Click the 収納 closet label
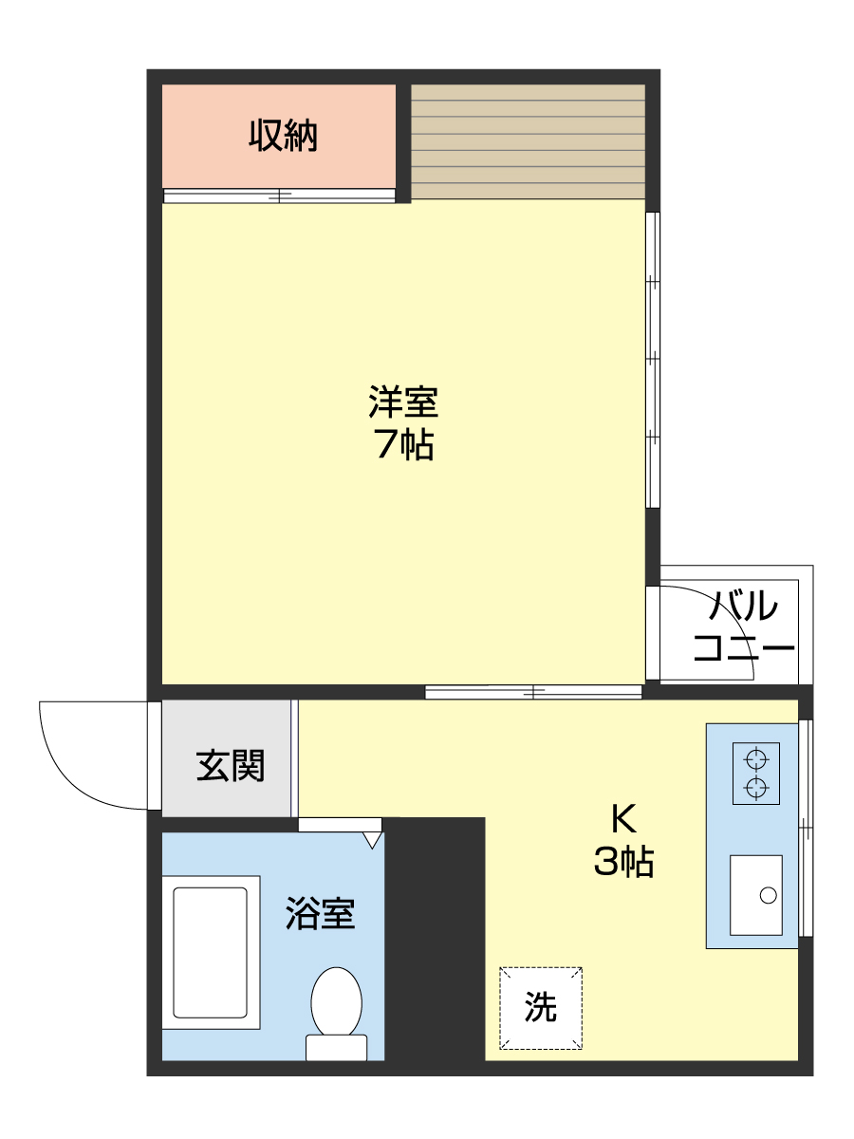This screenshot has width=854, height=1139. (x=283, y=137)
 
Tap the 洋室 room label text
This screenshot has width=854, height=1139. (x=403, y=402)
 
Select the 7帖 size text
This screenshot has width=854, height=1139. (x=403, y=444)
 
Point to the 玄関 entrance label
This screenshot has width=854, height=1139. (x=230, y=765)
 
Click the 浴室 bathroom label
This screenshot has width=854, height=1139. (x=320, y=913)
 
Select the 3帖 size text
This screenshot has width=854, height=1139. (x=622, y=862)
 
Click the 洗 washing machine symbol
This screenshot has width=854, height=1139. (x=541, y=1007)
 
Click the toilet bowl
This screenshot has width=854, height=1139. (x=337, y=1001)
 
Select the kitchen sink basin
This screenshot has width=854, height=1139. (x=756, y=894)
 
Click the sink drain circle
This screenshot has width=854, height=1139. (x=768, y=894)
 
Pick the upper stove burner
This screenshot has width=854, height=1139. (x=756, y=758)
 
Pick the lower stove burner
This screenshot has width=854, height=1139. (x=756, y=787)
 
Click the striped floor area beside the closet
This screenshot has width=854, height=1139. (x=528, y=141)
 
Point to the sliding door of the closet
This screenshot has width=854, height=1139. (x=279, y=196)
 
